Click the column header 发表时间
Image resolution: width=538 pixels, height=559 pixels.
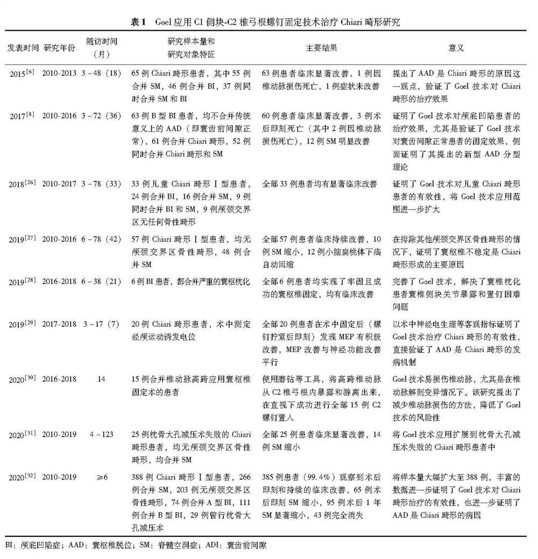point(23,48)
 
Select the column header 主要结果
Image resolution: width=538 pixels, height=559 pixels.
point(321,48)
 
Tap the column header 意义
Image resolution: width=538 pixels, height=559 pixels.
point(456,48)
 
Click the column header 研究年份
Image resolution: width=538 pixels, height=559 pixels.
point(60,48)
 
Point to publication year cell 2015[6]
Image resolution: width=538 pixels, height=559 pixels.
point(22,73)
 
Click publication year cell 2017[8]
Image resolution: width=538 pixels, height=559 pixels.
point(22,115)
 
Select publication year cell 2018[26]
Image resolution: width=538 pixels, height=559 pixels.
point(22,184)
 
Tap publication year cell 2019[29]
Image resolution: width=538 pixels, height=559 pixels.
point(22,325)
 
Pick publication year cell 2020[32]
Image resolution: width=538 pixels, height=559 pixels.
point(22,477)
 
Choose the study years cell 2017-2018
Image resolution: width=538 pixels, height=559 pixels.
point(60,325)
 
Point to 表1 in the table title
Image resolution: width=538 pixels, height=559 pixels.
point(138,23)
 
